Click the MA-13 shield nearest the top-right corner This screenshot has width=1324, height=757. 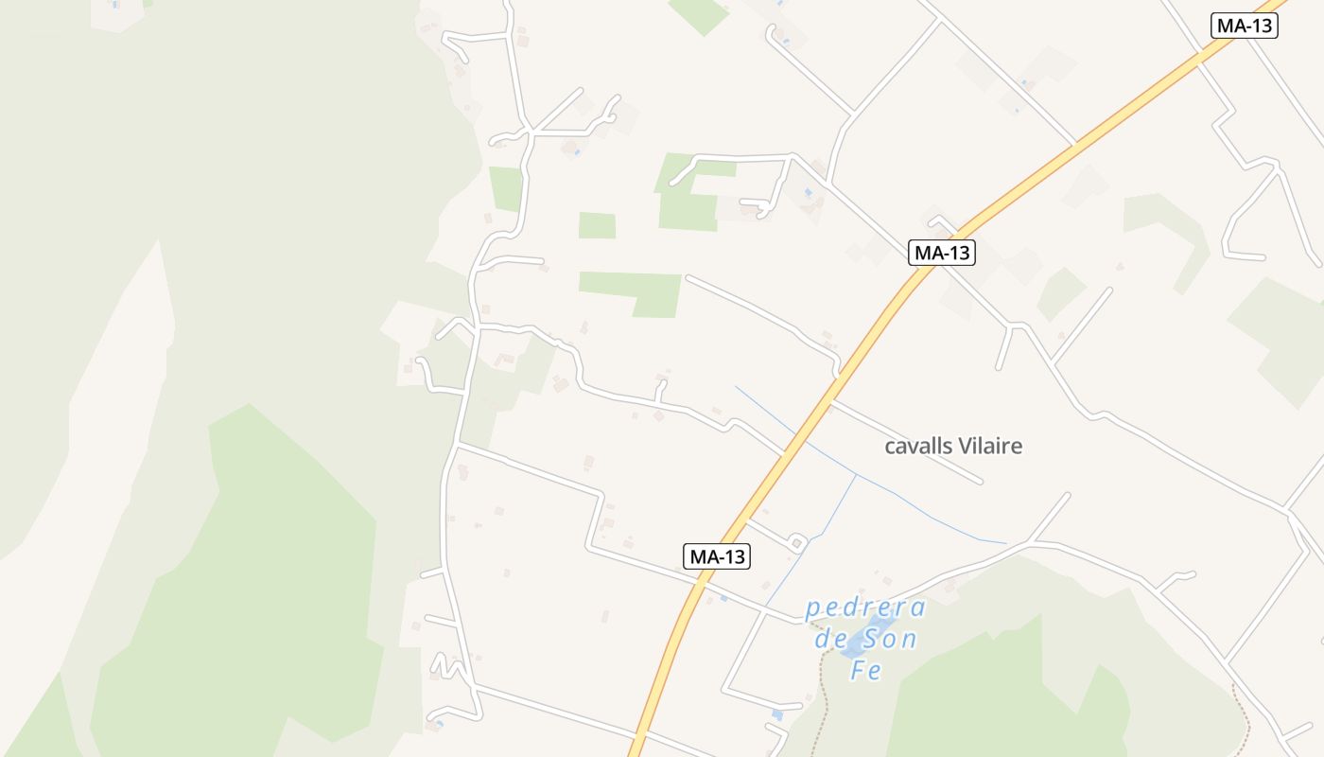point(1244,26)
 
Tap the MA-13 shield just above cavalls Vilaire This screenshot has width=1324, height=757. point(941,253)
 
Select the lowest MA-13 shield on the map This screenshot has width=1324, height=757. point(717,556)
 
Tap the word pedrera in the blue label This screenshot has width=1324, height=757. point(865,607)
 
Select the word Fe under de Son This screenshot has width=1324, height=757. point(865,670)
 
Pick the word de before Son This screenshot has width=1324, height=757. point(829,639)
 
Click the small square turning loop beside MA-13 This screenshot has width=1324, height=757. point(796,542)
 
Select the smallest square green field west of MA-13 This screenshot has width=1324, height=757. point(597,225)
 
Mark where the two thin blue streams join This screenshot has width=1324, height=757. point(856,473)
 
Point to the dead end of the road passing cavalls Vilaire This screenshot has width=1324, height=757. point(980,482)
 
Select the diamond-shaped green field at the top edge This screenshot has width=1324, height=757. point(699,13)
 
